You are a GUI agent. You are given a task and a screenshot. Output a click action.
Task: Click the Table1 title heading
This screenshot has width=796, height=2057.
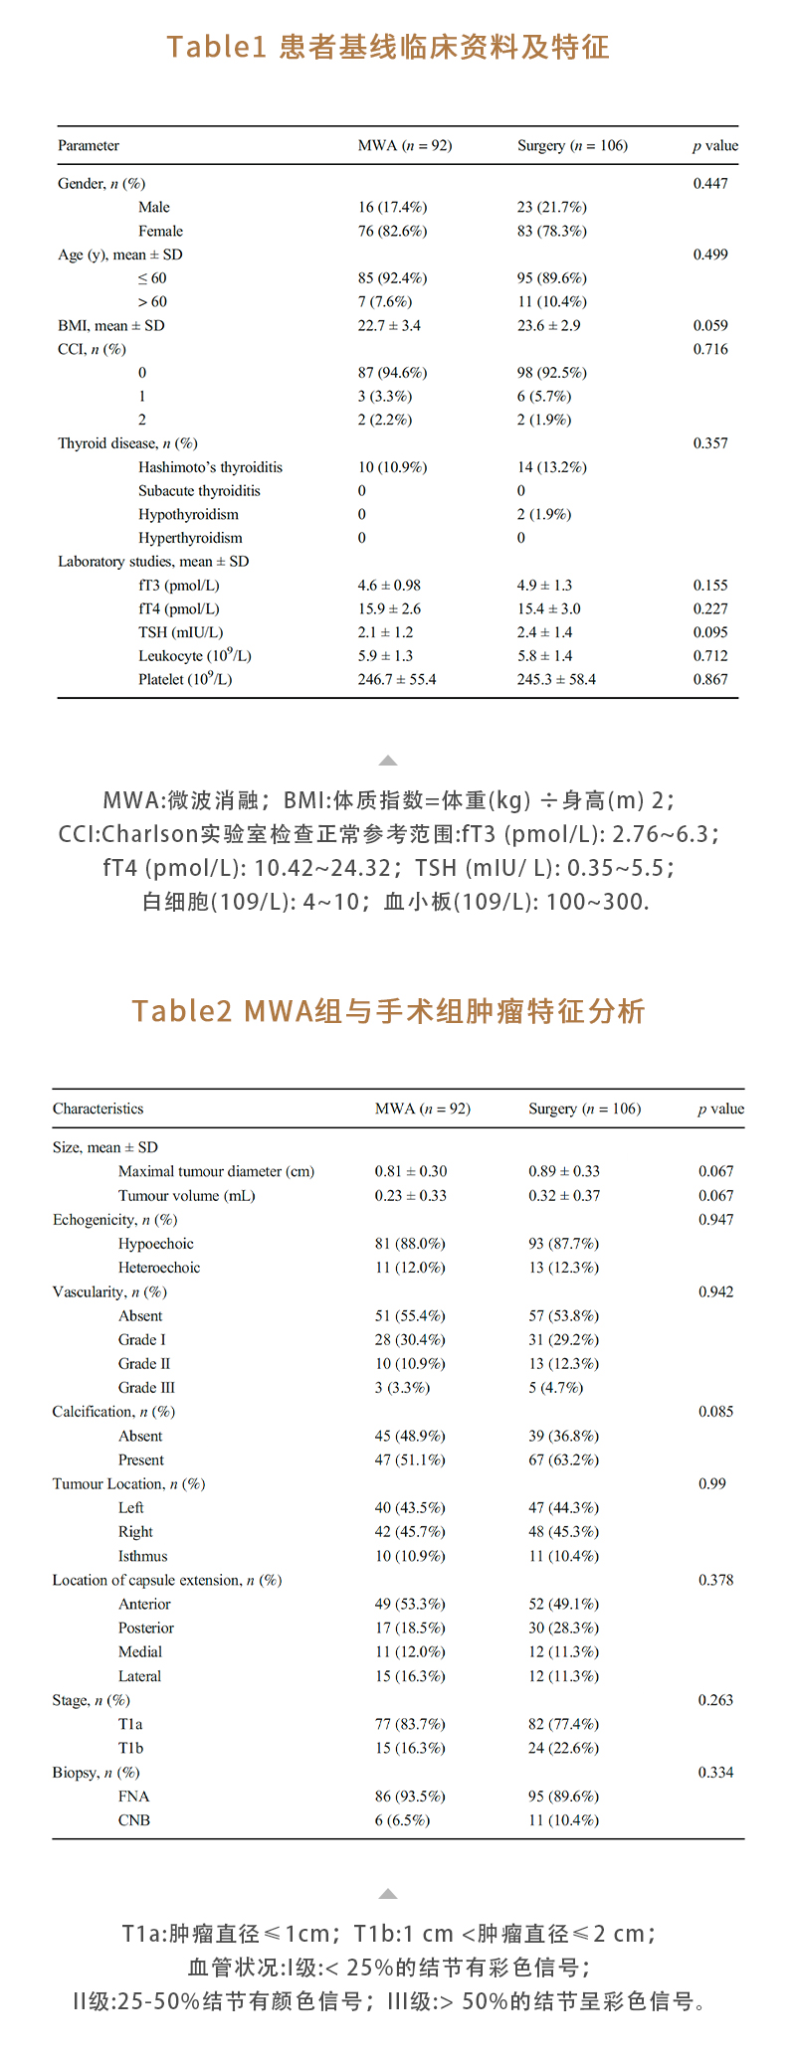[x=388, y=47]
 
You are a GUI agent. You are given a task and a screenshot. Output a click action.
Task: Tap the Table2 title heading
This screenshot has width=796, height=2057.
[x=388, y=1011]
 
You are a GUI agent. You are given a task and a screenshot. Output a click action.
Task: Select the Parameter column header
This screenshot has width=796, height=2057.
[x=89, y=145]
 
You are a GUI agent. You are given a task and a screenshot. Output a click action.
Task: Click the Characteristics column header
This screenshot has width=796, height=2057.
[x=98, y=1109]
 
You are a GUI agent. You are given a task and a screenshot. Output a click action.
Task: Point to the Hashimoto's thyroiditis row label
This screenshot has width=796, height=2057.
[x=210, y=467]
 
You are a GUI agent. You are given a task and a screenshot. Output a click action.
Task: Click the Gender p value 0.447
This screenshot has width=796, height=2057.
[x=710, y=183]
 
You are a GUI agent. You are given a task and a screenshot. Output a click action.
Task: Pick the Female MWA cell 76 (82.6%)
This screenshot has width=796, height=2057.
[x=392, y=231]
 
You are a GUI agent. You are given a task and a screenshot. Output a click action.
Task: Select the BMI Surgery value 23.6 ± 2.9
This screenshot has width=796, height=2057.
[x=548, y=325]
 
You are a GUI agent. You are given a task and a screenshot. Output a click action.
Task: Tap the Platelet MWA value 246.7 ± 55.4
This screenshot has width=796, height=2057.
[x=397, y=679]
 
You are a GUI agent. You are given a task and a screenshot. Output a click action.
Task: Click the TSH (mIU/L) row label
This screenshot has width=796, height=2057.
[x=180, y=632]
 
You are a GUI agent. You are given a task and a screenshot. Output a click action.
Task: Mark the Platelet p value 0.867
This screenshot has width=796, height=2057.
[x=710, y=679]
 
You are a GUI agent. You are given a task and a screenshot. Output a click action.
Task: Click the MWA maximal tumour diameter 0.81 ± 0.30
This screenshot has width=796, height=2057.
[x=411, y=1171]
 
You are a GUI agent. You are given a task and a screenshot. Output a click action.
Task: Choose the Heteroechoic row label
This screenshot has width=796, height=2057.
[x=159, y=1268]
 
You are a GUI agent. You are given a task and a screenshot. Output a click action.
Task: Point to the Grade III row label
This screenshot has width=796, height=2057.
[x=146, y=1388]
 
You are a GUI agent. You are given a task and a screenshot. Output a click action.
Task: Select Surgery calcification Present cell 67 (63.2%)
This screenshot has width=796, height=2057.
[x=563, y=1459]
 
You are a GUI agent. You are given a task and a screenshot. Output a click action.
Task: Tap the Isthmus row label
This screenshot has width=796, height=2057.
[x=142, y=1556]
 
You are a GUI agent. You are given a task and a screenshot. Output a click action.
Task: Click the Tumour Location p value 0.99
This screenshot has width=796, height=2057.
[x=712, y=1483]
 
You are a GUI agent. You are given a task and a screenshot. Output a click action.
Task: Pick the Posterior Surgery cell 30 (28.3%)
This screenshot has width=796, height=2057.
[x=563, y=1628]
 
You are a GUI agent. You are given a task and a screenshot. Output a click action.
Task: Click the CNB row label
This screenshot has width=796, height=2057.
[x=134, y=1820]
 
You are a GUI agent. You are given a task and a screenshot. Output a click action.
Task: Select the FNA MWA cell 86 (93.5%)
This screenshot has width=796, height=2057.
[x=410, y=1797]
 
